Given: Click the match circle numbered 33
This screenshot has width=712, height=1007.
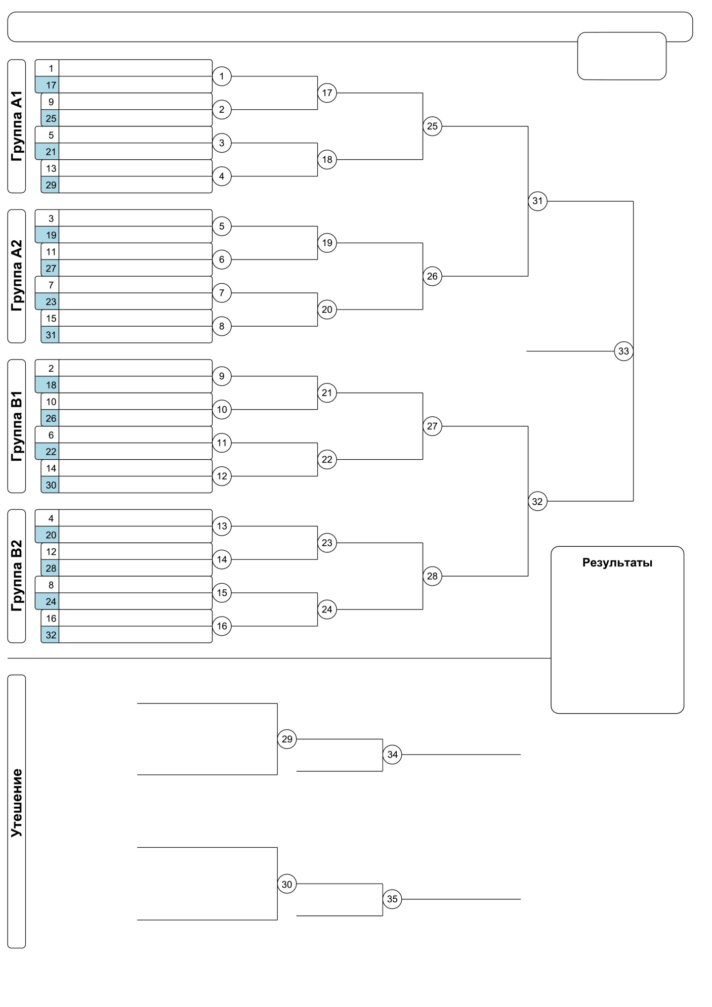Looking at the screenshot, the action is point(623,351).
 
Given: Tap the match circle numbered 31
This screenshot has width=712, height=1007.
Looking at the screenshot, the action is point(537,201).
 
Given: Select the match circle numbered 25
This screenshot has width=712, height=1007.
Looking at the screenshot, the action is point(432,126).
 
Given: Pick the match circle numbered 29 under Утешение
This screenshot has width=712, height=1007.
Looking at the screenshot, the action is point(287,739).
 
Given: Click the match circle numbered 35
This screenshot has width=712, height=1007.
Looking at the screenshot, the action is point(392,899).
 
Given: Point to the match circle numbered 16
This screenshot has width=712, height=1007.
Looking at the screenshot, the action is point(222,626).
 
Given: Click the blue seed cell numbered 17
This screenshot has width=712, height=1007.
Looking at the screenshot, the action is point(47,85).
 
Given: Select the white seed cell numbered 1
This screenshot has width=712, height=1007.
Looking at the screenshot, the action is point(47,68).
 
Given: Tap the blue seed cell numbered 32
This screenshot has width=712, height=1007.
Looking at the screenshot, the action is point(50,635).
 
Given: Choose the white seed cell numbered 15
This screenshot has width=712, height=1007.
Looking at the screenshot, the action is point(50,318).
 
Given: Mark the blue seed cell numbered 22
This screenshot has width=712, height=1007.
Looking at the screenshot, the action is point(47,451).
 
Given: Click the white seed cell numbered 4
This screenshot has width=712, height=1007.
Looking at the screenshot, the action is point(47,518).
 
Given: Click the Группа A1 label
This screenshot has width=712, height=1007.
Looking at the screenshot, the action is point(17,126).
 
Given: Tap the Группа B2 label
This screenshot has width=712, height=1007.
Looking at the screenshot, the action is point(17,576).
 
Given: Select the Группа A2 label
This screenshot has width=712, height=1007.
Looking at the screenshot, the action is point(17,276).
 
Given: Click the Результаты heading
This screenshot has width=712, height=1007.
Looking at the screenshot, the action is point(617,563).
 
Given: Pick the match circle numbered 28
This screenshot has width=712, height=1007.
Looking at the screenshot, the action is point(432,576).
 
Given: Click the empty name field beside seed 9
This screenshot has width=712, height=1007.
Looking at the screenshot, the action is point(136,102).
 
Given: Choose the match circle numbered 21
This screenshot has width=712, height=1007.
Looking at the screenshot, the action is point(327,393).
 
